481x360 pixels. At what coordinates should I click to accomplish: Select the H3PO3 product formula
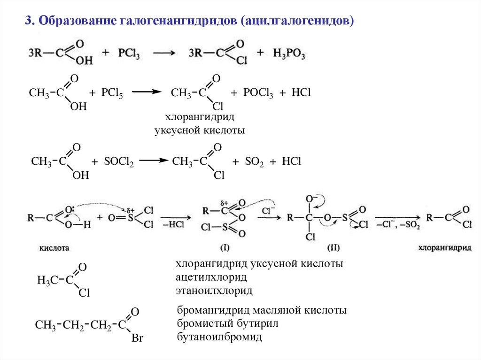(x=289, y=53)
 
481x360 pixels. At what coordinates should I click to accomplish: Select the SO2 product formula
(x=254, y=162)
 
